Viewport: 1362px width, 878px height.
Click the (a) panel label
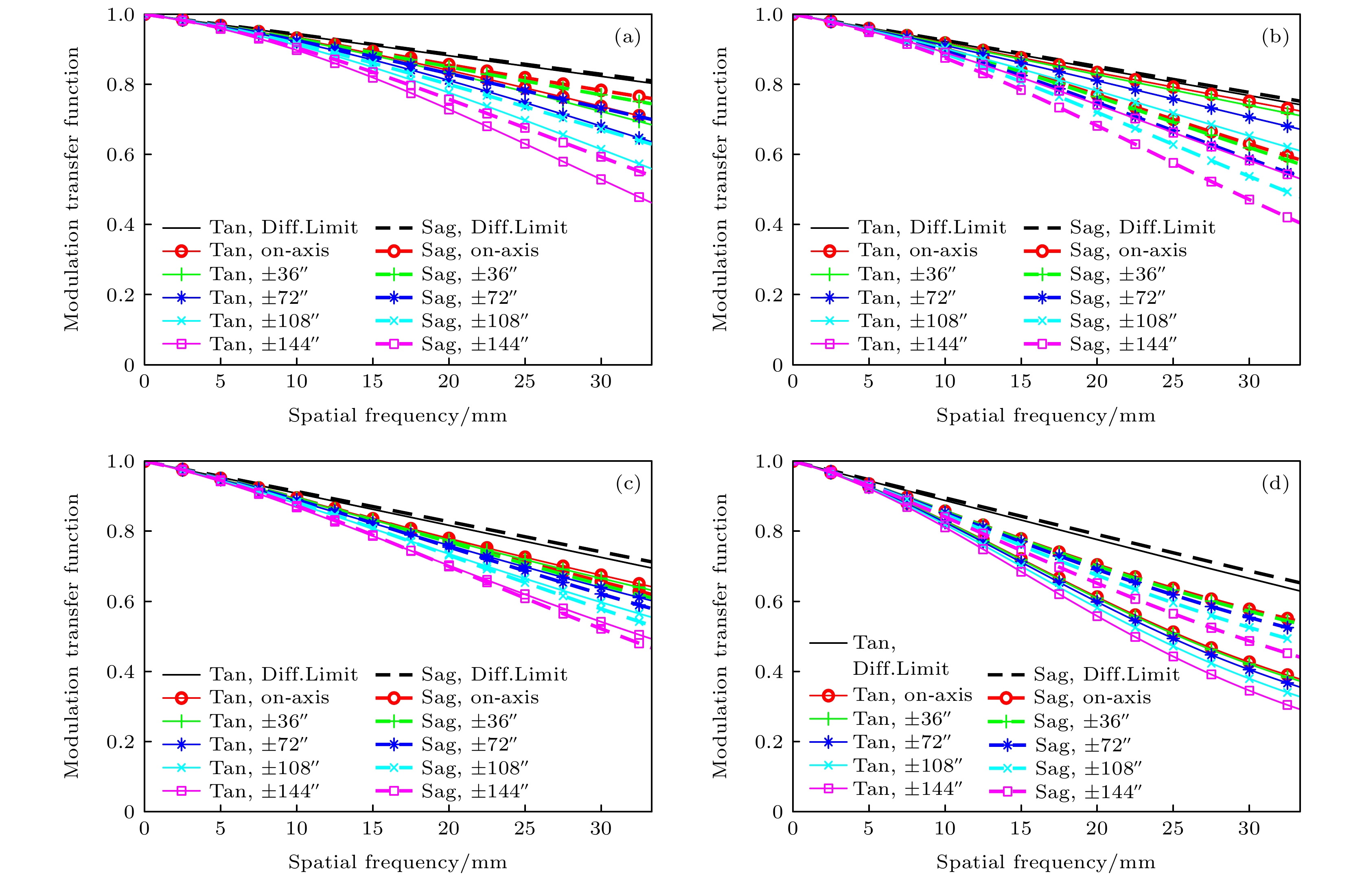[627, 37]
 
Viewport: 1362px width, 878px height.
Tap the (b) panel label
[1275, 37]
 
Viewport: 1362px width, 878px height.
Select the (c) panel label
[627, 484]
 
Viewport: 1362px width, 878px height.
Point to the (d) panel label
[1275, 484]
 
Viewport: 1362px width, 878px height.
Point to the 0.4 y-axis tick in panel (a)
[121, 225]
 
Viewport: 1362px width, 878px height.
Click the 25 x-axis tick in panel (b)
[1173, 382]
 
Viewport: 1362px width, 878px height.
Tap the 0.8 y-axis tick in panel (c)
[121, 531]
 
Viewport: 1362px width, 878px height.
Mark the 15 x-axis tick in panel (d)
[1020, 828]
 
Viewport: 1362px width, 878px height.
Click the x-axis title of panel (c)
[397, 862]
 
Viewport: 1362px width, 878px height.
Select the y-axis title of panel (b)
[720, 189]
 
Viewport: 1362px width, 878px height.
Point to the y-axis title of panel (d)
[720, 636]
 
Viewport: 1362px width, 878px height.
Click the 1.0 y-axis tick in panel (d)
[769, 461]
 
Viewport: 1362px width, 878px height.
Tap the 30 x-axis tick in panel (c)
[601, 828]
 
